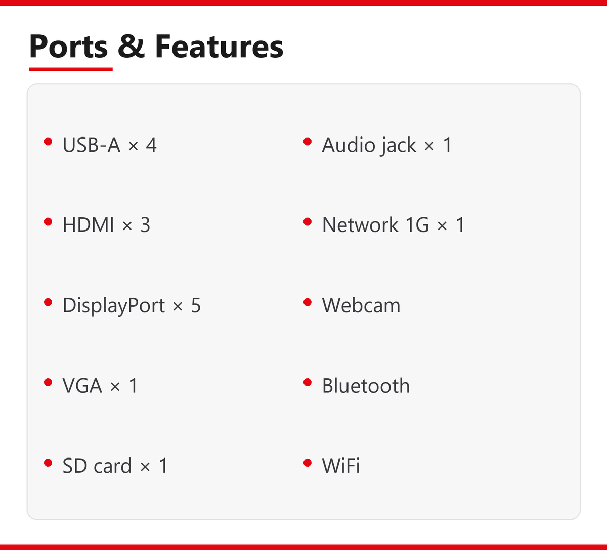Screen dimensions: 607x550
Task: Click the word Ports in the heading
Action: click(x=68, y=47)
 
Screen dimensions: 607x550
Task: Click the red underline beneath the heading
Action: click(x=70, y=69)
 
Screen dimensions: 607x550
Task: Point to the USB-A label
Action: click(x=92, y=145)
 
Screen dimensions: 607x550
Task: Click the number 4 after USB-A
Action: click(x=151, y=145)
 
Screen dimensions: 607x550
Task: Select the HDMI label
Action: click(x=89, y=225)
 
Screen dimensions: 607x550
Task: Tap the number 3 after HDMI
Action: click(x=145, y=225)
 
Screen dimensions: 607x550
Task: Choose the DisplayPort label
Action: click(x=114, y=305)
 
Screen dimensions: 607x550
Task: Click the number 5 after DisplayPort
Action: click(x=196, y=305)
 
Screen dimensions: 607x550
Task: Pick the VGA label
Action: click(x=82, y=386)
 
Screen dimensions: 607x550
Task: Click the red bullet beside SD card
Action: click(x=48, y=463)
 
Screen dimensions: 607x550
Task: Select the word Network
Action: click(x=360, y=225)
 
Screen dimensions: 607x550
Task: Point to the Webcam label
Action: click(x=361, y=305)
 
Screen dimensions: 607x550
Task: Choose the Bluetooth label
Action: click(x=366, y=386)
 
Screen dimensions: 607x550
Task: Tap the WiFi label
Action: click(x=341, y=466)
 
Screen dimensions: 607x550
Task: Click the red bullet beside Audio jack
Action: click(x=308, y=141)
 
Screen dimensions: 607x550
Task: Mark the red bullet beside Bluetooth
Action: click(x=308, y=382)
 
